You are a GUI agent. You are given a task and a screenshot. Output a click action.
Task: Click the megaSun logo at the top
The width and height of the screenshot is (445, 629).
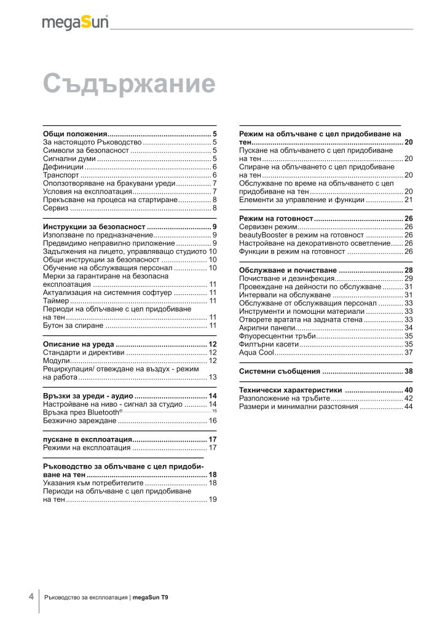pyautogui.click(x=75, y=23)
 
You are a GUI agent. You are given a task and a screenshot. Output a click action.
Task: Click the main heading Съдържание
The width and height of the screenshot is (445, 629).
pyautogui.click(x=129, y=84)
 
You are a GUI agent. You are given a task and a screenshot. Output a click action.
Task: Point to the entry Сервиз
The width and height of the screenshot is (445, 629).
pyautogui.click(x=55, y=208)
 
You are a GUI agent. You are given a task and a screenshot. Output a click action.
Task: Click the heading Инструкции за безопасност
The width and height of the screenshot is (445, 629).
pyautogui.click(x=94, y=227)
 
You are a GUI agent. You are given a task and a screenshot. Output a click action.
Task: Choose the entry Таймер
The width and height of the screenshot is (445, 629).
pyautogui.click(x=56, y=301)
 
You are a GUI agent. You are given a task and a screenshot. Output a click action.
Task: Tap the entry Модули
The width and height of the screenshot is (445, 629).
pyautogui.click(x=56, y=361)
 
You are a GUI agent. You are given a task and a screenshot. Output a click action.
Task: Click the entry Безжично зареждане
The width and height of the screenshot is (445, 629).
pyautogui.click(x=79, y=421)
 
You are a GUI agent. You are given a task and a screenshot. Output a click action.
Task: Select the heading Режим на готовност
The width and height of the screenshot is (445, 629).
pyautogui.click(x=276, y=219)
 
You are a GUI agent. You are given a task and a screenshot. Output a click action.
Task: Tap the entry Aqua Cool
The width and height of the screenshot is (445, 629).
pyautogui.click(x=257, y=353)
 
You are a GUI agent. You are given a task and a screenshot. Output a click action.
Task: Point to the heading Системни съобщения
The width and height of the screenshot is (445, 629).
pyautogui.click(x=280, y=372)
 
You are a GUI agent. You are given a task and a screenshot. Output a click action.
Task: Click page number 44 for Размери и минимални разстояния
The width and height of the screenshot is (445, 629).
pyautogui.click(x=408, y=407)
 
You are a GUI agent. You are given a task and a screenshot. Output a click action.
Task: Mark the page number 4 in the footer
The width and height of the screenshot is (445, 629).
pyautogui.click(x=31, y=596)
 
